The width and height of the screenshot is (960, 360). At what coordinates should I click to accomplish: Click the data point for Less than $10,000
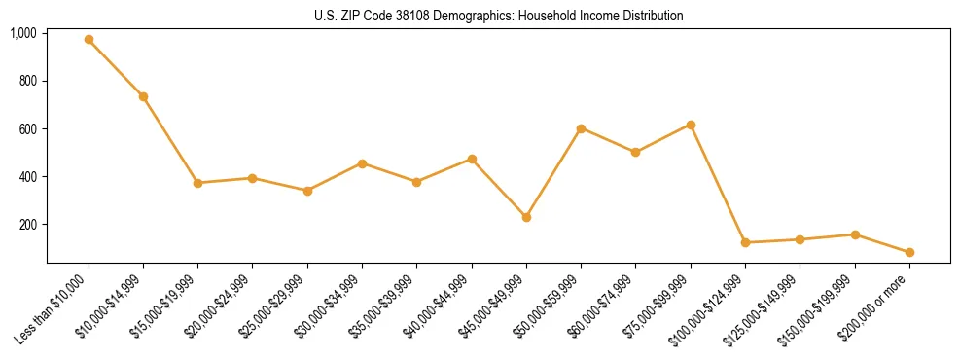89,40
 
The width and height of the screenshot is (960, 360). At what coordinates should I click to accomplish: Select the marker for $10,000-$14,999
143,96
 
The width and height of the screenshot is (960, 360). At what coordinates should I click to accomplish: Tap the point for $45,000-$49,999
526,217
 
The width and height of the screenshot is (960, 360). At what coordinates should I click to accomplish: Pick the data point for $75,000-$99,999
691,125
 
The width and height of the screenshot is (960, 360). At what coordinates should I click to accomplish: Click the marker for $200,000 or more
909,252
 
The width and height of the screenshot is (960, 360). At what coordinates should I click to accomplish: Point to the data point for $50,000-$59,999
581,128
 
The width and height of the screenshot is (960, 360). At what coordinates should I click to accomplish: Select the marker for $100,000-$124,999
745,242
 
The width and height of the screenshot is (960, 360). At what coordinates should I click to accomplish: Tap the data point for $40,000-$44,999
472,159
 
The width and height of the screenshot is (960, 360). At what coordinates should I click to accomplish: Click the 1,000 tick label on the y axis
23,33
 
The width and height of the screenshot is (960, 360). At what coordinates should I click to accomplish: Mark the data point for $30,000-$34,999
362,163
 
